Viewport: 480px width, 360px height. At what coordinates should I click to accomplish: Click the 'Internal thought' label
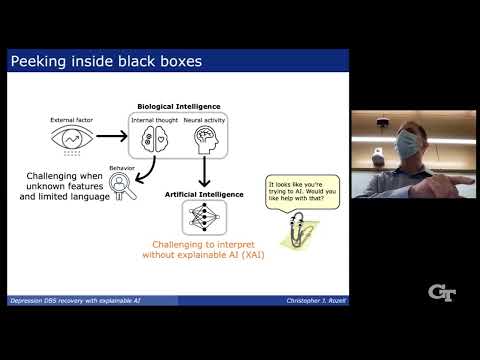[x=155, y=119]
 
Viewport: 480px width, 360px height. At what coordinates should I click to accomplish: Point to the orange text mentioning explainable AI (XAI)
[x=204, y=248]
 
